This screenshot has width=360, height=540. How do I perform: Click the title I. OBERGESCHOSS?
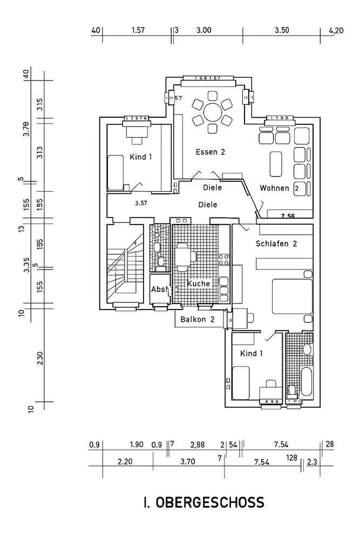tap(204, 503)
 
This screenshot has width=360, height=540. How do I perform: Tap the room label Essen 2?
tap(210, 152)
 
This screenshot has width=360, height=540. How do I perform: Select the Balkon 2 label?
tap(198, 319)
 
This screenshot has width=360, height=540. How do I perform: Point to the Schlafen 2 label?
tap(277, 244)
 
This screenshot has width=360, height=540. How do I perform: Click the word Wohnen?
tap(274, 188)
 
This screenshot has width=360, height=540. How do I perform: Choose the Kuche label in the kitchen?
tap(198, 283)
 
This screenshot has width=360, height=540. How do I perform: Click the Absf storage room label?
tap(160, 289)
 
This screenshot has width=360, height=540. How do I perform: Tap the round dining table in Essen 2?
tap(213, 113)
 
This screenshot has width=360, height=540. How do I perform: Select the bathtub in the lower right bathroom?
tap(307, 383)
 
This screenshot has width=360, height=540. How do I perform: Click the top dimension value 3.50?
tap(282, 31)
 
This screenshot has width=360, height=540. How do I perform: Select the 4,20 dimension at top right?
tap(336, 31)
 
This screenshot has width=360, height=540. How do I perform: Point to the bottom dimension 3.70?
tap(187, 462)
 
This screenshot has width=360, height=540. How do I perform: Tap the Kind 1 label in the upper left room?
tap(141, 157)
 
